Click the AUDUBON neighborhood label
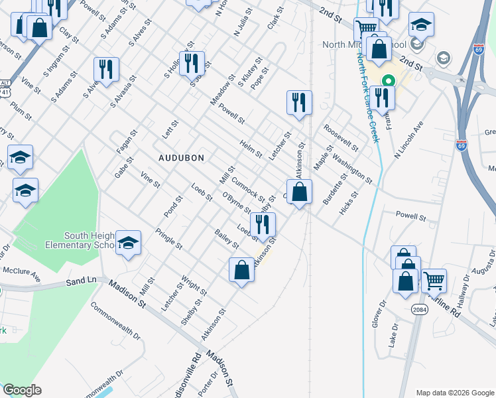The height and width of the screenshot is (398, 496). pos(181,158)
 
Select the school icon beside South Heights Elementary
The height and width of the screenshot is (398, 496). pos(128,243)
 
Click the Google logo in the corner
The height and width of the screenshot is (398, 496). pos(22,390)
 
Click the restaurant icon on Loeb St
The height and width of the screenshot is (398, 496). pos(263,225)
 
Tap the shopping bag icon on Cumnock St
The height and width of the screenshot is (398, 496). pos(300,192)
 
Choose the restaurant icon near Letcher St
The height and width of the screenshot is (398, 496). pos(299,103)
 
